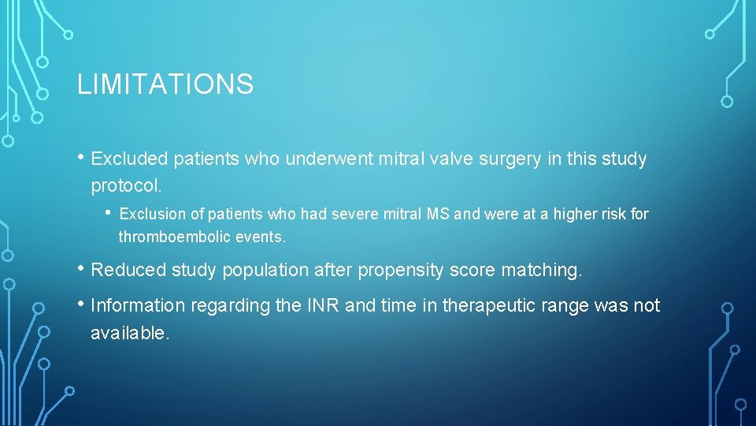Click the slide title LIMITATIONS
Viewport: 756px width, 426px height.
pos(165,84)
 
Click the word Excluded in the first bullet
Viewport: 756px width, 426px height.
pos(129,159)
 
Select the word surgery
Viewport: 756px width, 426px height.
pos(513,159)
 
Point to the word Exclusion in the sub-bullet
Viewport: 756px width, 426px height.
pos(150,214)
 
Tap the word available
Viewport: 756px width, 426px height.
pos(129,334)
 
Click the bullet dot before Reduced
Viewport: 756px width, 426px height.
pos(82,268)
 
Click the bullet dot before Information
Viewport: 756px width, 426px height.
pos(82,305)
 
